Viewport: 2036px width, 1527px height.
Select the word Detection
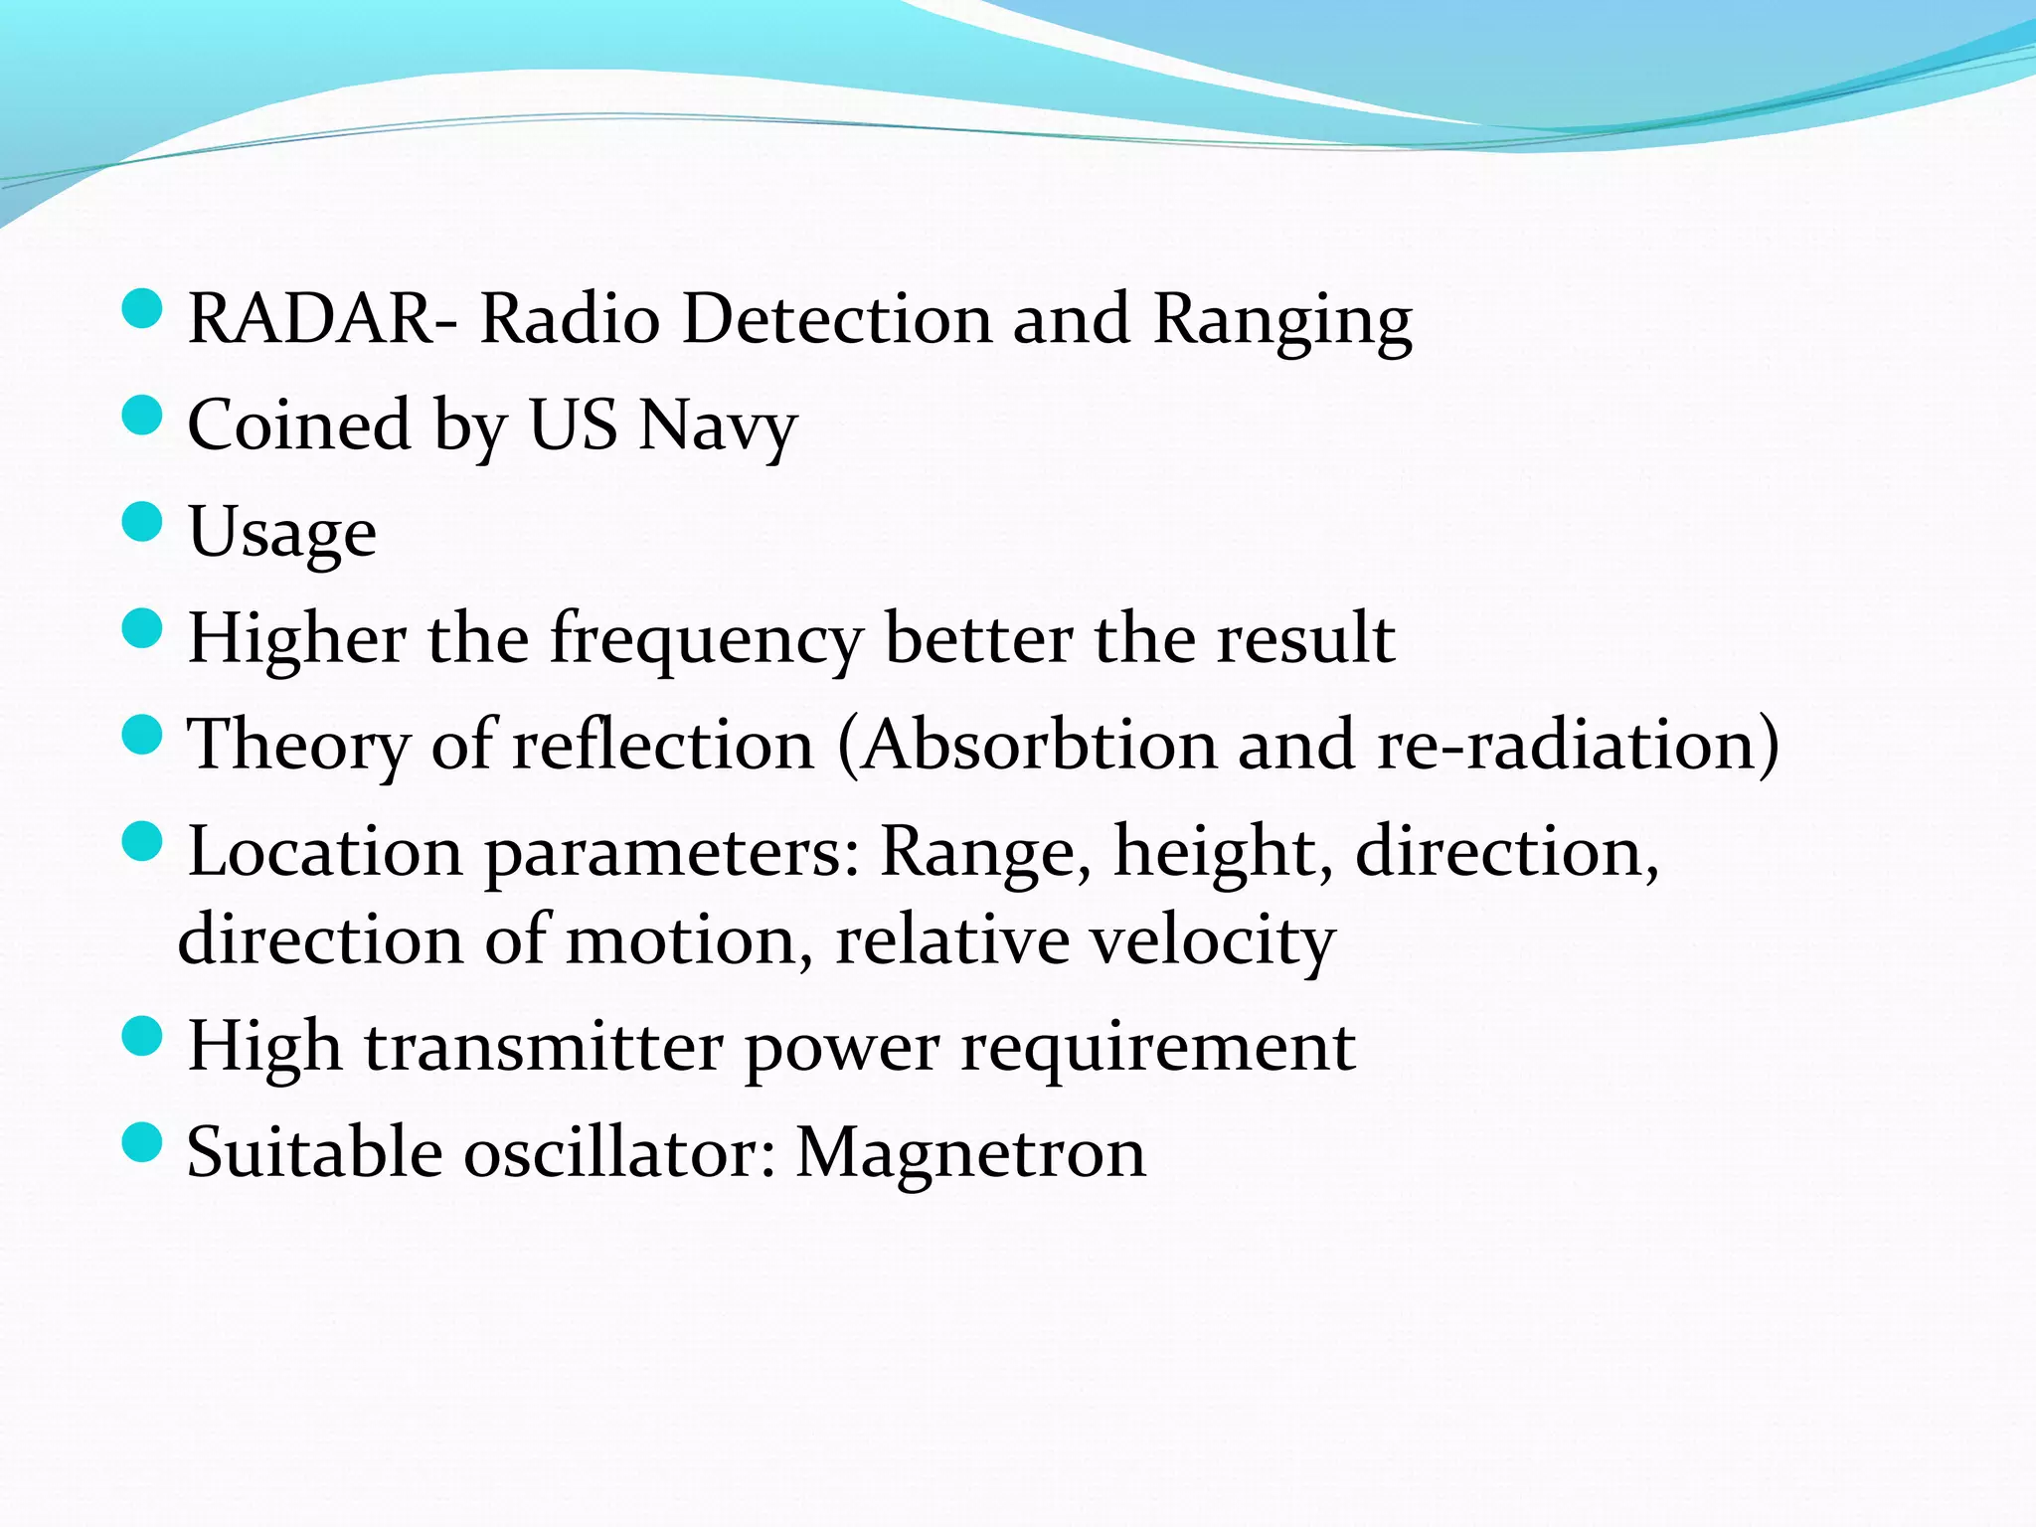pyautogui.click(x=837, y=320)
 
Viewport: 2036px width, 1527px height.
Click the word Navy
pyautogui.click(x=718, y=427)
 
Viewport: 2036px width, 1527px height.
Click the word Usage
pyautogui.click(x=282, y=534)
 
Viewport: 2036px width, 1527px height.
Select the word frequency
pyautogui.click(x=706, y=640)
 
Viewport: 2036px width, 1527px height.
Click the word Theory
pyautogui.click(x=298, y=748)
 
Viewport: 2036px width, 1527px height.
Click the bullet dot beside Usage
pyautogui.click(x=142, y=521)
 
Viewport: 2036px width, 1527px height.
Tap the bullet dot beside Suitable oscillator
pyautogui.click(x=142, y=1142)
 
